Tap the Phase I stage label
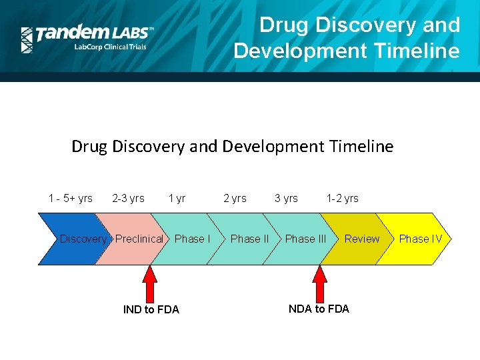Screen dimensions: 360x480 192,239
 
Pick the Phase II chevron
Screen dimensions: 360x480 249,239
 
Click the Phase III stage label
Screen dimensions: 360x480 305,239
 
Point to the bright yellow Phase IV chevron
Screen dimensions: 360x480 420,239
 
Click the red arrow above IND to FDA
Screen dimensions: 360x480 151,283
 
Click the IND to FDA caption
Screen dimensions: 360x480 151,309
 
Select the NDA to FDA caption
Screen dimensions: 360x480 319,308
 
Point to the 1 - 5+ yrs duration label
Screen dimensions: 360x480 71,198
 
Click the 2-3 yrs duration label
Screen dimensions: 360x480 128,198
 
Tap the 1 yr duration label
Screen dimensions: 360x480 177,198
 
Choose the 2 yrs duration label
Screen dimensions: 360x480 235,198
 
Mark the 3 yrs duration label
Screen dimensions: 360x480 287,198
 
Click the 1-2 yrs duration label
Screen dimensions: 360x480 342,198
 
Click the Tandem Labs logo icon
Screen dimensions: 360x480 27,40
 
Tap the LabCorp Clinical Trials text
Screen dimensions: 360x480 110,47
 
